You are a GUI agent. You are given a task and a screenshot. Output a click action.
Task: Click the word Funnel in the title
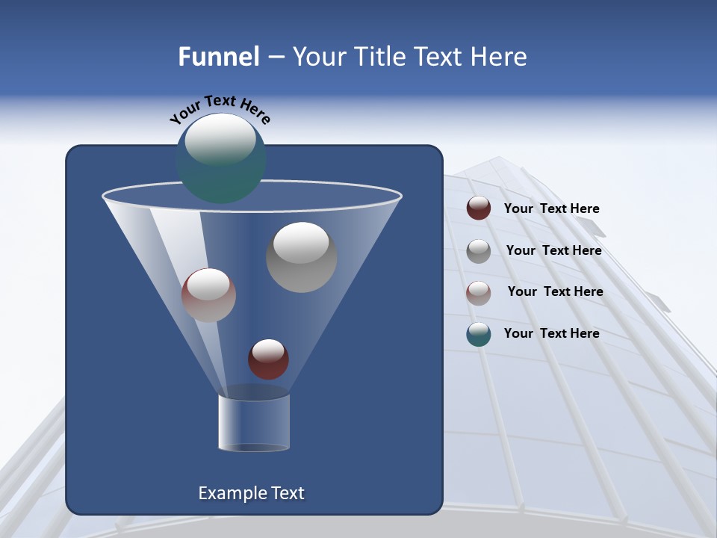[x=219, y=57]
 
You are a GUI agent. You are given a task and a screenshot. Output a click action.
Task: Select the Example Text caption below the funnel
[x=252, y=493]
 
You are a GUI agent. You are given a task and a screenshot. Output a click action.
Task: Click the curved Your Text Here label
[x=220, y=109]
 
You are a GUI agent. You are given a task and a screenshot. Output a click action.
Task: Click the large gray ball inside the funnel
[x=301, y=257]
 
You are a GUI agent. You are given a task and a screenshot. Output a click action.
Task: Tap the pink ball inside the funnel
[x=208, y=295]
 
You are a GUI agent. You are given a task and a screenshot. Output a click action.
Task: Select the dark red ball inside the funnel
[x=268, y=359]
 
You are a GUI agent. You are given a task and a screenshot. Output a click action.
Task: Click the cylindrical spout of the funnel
[x=254, y=422]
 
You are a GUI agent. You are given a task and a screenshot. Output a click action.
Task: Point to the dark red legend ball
[x=479, y=208]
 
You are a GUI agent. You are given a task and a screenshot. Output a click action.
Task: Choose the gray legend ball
[x=479, y=251]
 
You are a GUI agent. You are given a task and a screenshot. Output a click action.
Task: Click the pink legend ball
[x=479, y=292]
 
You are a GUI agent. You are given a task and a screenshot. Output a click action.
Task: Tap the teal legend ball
[x=479, y=334]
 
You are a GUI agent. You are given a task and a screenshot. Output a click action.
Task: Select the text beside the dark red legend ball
[x=551, y=209]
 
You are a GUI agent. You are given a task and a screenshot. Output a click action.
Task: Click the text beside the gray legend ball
[x=553, y=251]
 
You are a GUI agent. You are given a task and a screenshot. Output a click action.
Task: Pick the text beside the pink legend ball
[x=555, y=292]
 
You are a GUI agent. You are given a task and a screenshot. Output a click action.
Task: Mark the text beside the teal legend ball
[x=551, y=334]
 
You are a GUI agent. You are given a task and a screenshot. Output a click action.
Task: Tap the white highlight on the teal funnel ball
[x=220, y=139]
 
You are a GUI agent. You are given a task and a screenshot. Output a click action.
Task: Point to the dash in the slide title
[x=275, y=58]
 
